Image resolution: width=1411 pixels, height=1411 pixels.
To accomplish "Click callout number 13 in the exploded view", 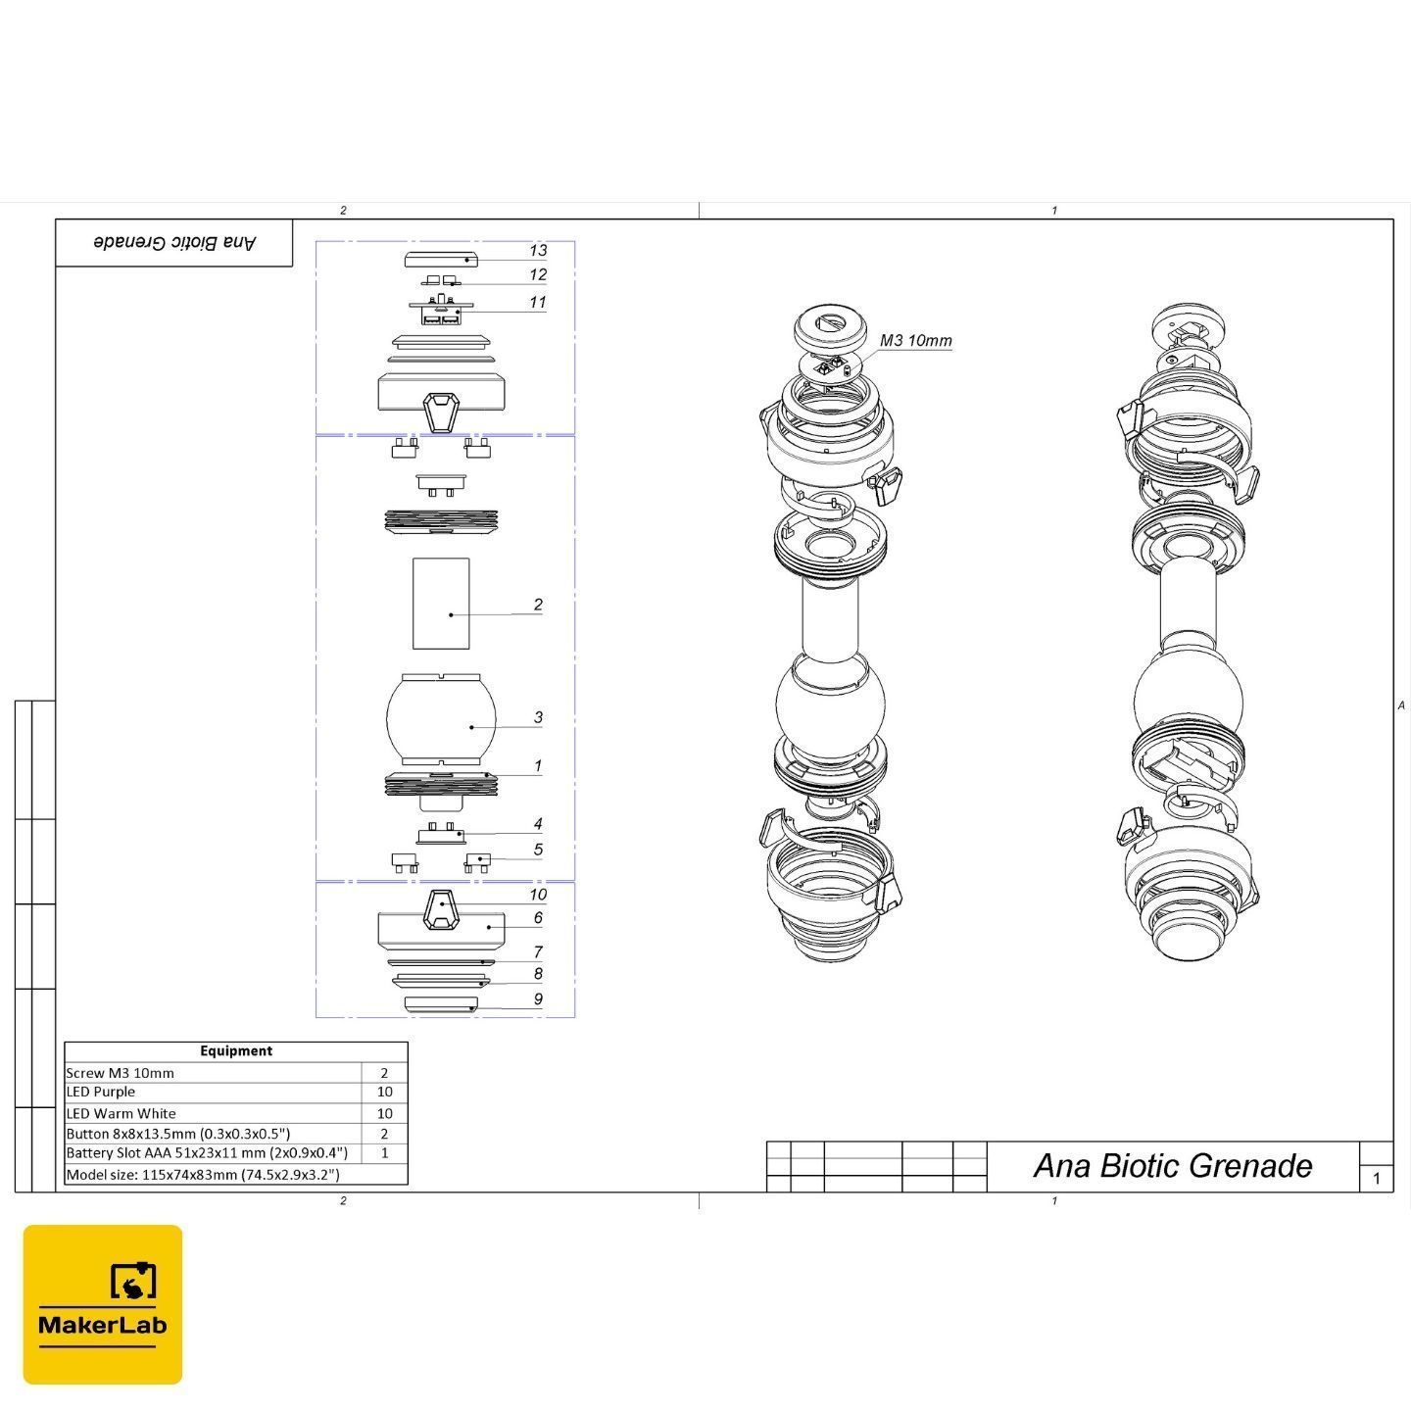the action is pyautogui.click(x=538, y=251).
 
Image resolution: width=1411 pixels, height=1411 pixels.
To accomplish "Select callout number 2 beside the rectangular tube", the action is pyautogui.click(x=538, y=605).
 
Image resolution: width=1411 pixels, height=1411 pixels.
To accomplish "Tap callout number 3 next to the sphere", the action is pyautogui.click(x=538, y=717).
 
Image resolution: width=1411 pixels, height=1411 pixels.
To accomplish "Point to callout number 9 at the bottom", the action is pyautogui.click(x=538, y=998).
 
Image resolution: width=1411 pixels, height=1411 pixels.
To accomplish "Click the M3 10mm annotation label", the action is pyautogui.click(x=915, y=340).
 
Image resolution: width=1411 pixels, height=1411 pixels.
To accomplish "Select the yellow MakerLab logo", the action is pyautogui.click(x=103, y=1304).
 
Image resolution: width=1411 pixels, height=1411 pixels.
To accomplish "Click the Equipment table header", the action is pyautogui.click(x=236, y=1050).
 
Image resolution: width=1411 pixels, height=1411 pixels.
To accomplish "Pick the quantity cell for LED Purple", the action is pyautogui.click(x=384, y=1092).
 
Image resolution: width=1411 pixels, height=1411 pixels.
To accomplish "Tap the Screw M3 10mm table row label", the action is pyautogui.click(x=121, y=1073).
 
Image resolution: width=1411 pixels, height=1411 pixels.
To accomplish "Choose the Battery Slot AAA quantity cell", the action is pyautogui.click(x=384, y=1152).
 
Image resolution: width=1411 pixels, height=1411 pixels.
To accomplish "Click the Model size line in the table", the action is pyautogui.click(x=203, y=1175).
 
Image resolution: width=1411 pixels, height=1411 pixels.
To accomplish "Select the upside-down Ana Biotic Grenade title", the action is pyautogui.click(x=175, y=242).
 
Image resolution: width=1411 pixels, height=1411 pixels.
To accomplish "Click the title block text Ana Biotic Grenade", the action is pyautogui.click(x=1172, y=1166).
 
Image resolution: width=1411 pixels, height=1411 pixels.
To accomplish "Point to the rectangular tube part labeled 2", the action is pyautogui.click(x=441, y=604).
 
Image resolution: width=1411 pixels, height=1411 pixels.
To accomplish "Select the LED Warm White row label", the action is pyautogui.click(x=121, y=1113).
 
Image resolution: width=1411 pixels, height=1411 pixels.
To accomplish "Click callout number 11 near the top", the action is pyautogui.click(x=538, y=302).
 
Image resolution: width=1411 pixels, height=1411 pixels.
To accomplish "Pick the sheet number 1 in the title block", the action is pyautogui.click(x=1377, y=1178).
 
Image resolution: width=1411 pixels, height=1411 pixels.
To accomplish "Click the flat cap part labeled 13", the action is pyautogui.click(x=441, y=260).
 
